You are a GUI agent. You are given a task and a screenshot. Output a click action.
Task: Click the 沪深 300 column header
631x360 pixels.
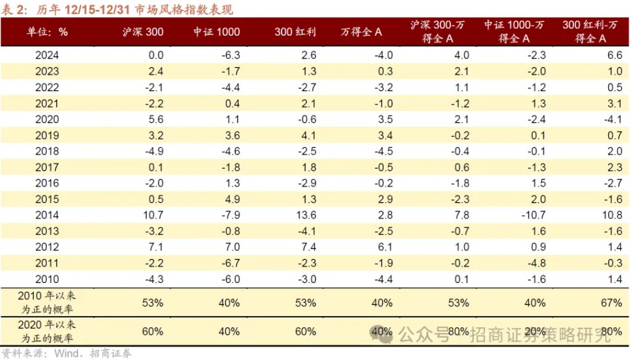point(143,31)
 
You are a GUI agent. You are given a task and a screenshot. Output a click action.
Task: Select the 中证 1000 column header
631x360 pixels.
point(216,31)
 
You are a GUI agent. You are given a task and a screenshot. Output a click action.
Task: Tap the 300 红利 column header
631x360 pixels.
point(295,31)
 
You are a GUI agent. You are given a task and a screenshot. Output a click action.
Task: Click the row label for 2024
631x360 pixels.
point(47,55)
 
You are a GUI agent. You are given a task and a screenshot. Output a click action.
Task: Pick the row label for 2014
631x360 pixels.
point(47,215)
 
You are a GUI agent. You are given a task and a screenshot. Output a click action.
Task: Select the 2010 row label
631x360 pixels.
point(47,279)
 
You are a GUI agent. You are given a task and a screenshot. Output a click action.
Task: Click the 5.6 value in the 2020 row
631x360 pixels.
point(155,119)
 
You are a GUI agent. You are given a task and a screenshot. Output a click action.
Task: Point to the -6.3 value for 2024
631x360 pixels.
point(229,55)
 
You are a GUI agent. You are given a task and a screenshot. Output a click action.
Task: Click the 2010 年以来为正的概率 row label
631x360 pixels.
point(47,302)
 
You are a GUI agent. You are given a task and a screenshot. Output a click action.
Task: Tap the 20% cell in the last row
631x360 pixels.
point(534,332)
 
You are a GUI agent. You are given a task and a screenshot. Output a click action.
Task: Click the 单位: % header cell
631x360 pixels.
point(47,31)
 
